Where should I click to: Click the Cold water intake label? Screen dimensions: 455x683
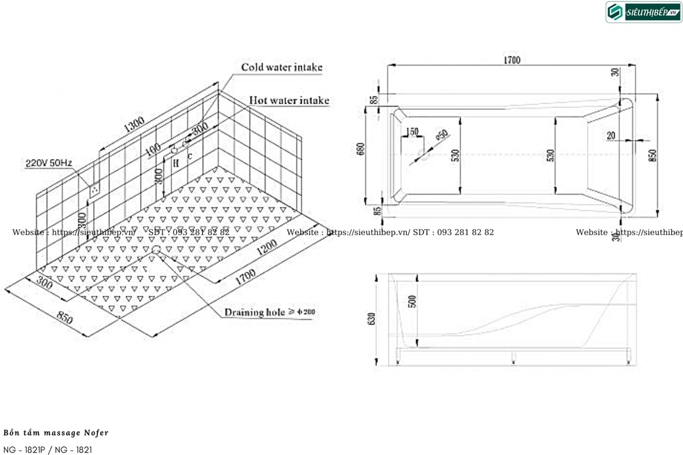coord(281,67)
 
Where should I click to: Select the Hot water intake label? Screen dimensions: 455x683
coord(289,101)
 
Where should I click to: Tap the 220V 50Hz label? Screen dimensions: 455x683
coord(49,163)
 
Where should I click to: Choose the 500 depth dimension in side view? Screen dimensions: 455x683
coord(412,302)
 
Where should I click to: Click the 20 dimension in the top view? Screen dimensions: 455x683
coord(612,135)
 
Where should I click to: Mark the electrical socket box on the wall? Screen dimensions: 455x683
coord(95,189)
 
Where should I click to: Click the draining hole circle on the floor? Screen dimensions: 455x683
coord(155,249)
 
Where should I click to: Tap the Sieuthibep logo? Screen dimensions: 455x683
coord(643,12)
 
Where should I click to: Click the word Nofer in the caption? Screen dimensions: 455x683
coord(96,433)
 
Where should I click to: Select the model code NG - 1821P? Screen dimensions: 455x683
coord(25,450)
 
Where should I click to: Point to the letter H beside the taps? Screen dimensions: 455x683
coord(176,162)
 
